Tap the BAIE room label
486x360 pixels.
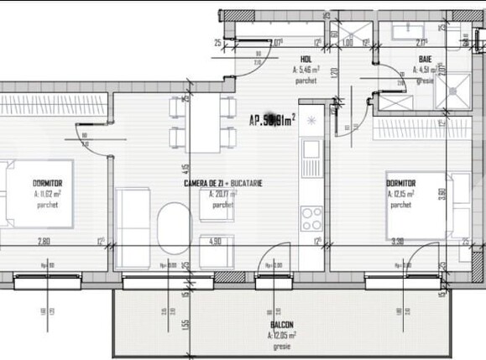426,59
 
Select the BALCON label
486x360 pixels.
281,324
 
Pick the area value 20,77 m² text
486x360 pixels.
223,194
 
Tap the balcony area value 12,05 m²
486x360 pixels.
283,334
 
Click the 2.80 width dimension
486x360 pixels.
44,243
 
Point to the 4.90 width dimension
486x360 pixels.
215,243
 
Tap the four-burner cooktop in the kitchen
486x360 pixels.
311,219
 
